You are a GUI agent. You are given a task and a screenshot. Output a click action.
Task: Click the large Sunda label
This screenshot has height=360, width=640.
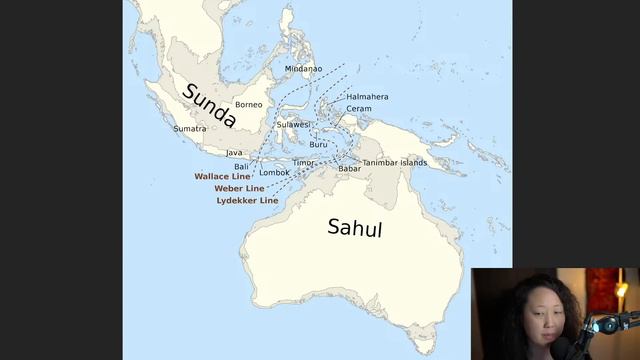click(208, 106)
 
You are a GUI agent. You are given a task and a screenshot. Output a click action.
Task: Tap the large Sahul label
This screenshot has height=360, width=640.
click(355, 227)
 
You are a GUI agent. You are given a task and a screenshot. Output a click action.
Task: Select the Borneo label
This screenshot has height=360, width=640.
click(248, 105)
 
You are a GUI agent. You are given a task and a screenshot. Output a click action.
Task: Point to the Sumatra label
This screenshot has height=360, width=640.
click(190, 129)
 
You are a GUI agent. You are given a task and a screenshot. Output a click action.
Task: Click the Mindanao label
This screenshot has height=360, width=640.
click(304, 69)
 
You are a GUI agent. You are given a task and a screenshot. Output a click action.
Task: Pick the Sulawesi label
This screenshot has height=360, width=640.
click(294, 125)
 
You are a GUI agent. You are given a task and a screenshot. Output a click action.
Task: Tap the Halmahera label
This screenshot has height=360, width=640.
click(367, 97)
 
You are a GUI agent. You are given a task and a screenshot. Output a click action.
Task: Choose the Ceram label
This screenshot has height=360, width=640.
click(359, 109)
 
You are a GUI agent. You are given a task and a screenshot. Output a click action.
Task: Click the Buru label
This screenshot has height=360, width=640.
click(318, 145)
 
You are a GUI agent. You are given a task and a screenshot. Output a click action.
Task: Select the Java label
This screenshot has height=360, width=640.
click(234, 153)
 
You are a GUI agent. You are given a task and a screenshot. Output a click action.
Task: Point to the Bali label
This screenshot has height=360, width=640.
click(241, 166)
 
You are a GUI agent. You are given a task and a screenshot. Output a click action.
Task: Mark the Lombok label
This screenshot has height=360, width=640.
click(274, 173)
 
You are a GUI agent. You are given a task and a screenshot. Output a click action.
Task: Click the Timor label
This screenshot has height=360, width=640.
click(303, 162)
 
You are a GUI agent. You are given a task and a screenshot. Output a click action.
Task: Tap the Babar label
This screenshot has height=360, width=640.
click(349, 169)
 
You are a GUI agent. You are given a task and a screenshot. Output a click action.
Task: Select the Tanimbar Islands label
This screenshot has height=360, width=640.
click(394, 162)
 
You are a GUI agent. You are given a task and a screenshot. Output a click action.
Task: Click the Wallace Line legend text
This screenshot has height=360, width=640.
click(223, 176)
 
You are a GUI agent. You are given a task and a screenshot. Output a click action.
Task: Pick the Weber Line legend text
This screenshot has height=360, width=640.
click(239, 188)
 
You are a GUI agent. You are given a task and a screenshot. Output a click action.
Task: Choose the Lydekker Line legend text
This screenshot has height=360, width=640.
click(247, 200)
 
